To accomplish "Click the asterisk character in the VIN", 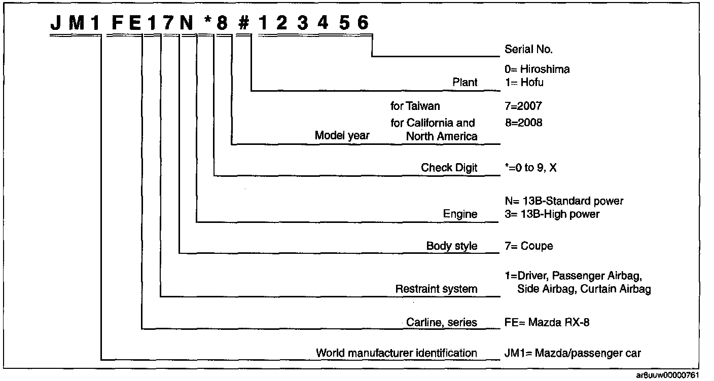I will pyautogui.click(x=207, y=23).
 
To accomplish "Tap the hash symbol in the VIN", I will pyautogui.click(x=244, y=23).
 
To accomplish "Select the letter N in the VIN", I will pyautogui.click(x=187, y=23).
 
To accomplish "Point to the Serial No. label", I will pyautogui.click(x=528, y=50).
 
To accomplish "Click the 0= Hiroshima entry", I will pyautogui.click(x=537, y=69).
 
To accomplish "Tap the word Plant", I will pyautogui.click(x=465, y=82).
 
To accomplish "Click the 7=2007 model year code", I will pyautogui.click(x=520, y=106).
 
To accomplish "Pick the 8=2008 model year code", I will pyautogui.click(x=521, y=123).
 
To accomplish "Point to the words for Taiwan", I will pyautogui.click(x=415, y=106).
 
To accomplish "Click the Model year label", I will pyautogui.click(x=342, y=135).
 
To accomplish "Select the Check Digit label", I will pyautogui.click(x=449, y=168).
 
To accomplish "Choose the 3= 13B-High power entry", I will pyautogui.click(x=552, y=214).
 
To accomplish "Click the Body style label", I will pyautogui.click(x=452, y=246).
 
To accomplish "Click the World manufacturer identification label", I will pyautogui.click(x=397, y=353).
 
